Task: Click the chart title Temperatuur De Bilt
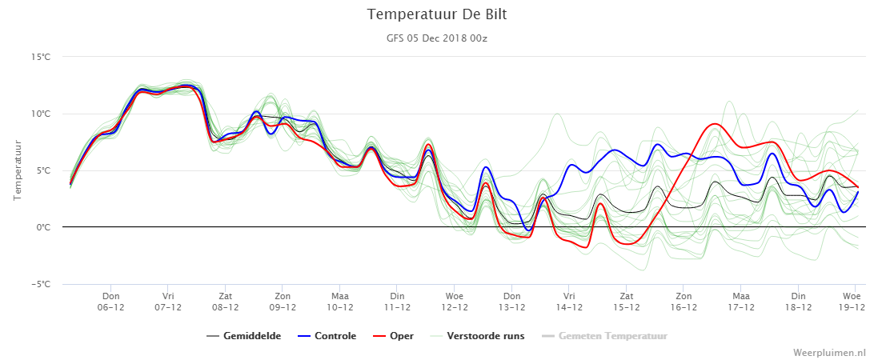pyautogui.click(x=437, y=14)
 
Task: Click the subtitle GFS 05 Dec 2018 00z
pyautogui.click(x=437, y=38)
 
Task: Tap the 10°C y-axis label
pyautogui.click(x=42, y=114)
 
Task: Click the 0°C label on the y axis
pyautogui.click(x=44, y=227)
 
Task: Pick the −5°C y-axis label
pyautogui.click(x=42, y=284)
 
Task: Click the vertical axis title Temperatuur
pyautogui.click(x=18, y=170)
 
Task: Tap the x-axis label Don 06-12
pyautogui.click(x=111, y=301)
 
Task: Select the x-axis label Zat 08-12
pyautogui.click(x=225, y=301)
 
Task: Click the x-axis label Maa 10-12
pyautogui.click(x=340, y=301)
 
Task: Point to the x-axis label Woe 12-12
pyautogui.click(x=455, y=301)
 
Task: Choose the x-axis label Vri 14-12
pyautogui.click(x=569, y=301)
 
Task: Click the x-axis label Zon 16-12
pyautogui.click(x=684, y=301)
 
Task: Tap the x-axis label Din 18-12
pyautogui.click(x=798, y=301)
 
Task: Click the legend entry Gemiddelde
pyautogui.click(x=243, y=336)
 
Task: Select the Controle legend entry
pyautogui.click(x=327, y=336)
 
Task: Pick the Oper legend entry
pyautogui.click(x=393, y=336)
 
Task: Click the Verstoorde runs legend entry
pyautogui.click(x=477, y=336)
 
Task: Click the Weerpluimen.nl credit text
pyautogui.click(x=829, y=352)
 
